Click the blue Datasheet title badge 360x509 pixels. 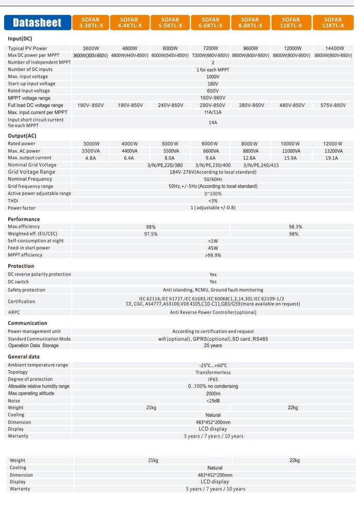click(37, 23)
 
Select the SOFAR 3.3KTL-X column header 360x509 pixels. click(90, 23)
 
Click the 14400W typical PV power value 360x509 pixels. click(331, 48)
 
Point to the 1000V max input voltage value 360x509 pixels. click(213, 76)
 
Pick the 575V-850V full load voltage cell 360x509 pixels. click(331, 105)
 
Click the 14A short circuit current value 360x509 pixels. click(213, 123)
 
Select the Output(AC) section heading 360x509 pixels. click(22, 136)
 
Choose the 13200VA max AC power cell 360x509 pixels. click(331, 151)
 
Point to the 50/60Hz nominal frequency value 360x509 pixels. click(213, 179)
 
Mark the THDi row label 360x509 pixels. click(13, 201)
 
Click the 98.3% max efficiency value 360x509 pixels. click(295, 226)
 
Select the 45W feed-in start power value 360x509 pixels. click(213, 248)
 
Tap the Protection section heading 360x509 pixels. click(21, 266)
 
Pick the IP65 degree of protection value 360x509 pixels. click(213, 379)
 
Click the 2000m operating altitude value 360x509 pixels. click(213, 393)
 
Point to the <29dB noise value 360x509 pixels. click(213, 401)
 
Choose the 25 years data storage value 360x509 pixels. click(213, 346)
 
